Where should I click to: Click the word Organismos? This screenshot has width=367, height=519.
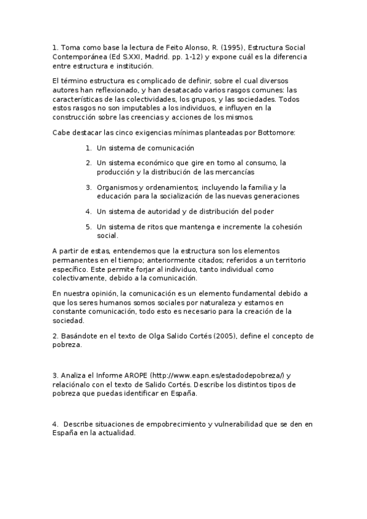(x=119, y=187)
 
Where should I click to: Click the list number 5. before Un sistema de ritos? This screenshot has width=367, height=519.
(x=89, y=226)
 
